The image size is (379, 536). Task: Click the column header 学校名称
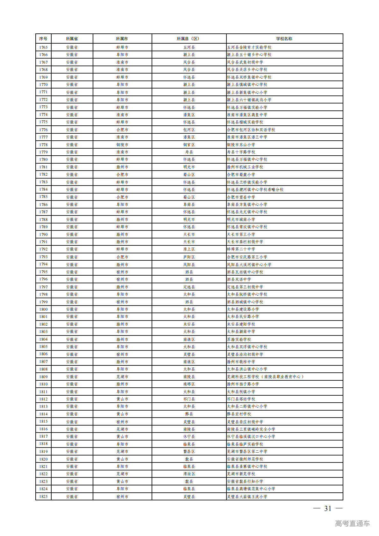click(x=284, y=39)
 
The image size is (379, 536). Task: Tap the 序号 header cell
click(x=43, y=39)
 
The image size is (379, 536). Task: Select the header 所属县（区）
click(x=189, y=39)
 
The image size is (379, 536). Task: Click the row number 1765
click(x=43, y=47)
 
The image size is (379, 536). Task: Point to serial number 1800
click(x=43, y=309)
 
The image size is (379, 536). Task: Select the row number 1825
click(x=43, y=496)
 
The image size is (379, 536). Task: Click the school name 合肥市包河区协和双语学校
click(x=251, y=130)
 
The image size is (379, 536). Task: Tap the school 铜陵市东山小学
click(x=241, y=145)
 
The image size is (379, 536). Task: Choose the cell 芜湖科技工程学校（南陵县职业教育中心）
click(x=265, y=377)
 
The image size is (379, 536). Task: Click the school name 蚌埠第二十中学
click(x=241, y=249)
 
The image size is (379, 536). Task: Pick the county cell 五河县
click(x=189, y=47)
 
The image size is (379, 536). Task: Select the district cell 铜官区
click(x=189, y=145)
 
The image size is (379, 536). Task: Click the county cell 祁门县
click(x=189, y=399)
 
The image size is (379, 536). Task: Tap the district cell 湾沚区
click(x=189, y=474)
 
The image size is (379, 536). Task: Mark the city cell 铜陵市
click(x=122, y=145)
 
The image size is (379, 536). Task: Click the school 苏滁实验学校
click(x=239, y=339)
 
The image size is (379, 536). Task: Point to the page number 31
click(x=328, y=508)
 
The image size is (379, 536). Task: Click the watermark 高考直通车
click(x=352, y=523)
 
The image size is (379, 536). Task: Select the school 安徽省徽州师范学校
click(x=245, y=459)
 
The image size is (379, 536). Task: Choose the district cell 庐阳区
click(x=189, y=257)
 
